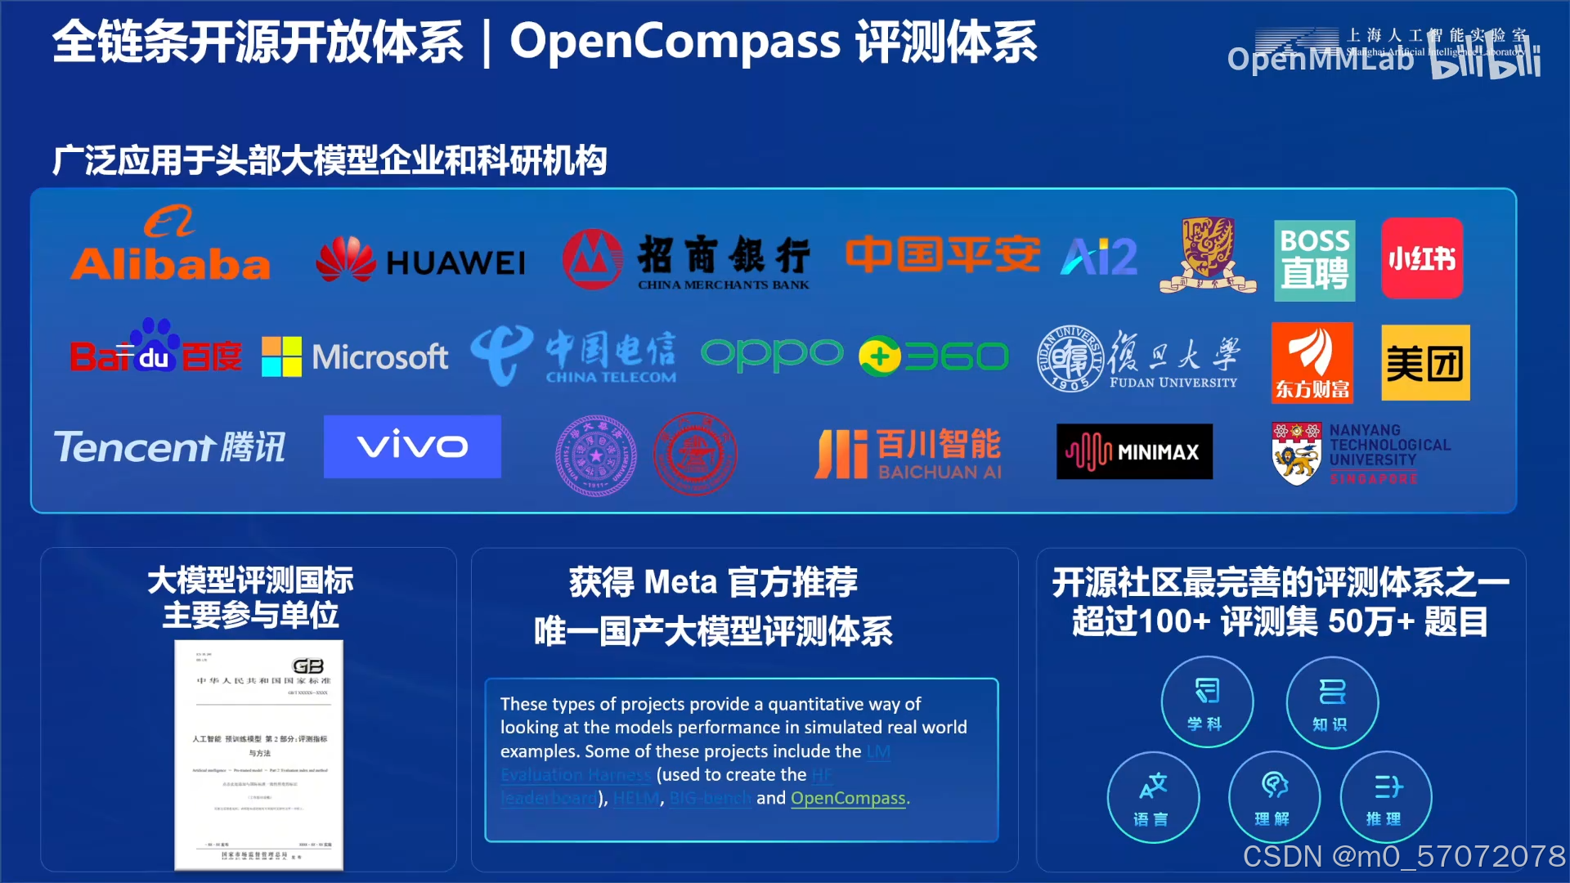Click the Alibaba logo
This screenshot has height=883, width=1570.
[170, 244]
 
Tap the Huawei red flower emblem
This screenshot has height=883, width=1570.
[346, 259]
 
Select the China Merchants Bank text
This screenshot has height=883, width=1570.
[724, 262]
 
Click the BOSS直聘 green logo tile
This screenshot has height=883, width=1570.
[1314, 260]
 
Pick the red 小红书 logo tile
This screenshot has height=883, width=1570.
[1422, 258]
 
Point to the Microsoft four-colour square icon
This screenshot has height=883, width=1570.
[281, 356]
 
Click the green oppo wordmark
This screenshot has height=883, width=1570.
[772, 355]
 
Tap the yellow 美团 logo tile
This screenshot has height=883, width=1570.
[1425, 362]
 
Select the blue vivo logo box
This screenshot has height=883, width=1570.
[412, 446]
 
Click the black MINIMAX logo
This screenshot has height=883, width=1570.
[1134, 451]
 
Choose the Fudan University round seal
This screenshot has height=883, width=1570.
[1070, 357]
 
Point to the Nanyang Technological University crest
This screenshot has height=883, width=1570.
[1296, 454]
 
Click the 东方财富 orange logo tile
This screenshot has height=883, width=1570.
[1312, 362]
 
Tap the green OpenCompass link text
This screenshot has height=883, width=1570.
[848, 798]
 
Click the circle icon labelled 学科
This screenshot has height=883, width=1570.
[1206, 701]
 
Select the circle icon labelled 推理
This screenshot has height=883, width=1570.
[1385, 796]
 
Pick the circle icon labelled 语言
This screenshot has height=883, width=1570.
[1153, 796]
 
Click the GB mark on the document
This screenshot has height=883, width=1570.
[307, 666]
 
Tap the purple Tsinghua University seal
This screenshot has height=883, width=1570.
[595, 455]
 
